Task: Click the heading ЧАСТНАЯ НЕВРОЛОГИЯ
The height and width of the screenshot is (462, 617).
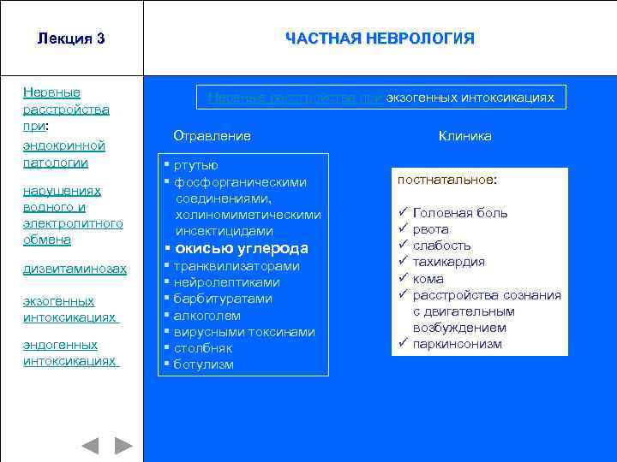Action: [380, 38]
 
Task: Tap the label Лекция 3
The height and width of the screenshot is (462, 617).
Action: [71, 38]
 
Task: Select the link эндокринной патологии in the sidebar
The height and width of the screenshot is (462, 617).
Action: [64, 154]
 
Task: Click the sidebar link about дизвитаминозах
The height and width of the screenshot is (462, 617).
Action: [75, 269]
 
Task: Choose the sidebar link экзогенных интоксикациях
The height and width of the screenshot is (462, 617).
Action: [69, 309]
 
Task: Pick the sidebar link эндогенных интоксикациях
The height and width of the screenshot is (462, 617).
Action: [69, 352]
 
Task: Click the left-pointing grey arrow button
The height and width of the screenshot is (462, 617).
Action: [90, 445]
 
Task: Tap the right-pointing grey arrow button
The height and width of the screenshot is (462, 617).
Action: [123, 445]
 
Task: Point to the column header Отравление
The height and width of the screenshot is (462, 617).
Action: [212, 136]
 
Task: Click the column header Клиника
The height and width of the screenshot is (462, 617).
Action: [465, 136]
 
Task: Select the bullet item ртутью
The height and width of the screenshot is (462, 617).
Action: [196, 165]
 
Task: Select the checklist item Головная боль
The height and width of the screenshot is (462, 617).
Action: [460, 213]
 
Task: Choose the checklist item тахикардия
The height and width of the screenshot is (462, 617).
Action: [449, 262]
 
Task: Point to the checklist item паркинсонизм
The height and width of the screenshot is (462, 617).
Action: [458, 344]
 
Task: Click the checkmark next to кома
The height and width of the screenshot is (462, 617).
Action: [401, 278]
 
